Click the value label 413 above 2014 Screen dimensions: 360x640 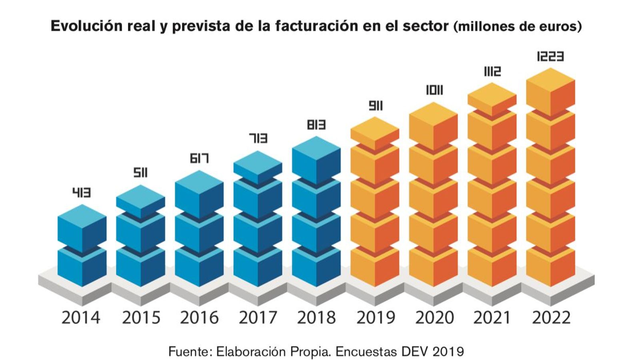[x=82, y=193]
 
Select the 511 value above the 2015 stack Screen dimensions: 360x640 [x=140, y=173]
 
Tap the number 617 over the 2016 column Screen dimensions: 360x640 [x=199, y=158]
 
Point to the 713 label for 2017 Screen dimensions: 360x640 [x=258, y=138]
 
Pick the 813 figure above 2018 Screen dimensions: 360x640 [x=316, y=125]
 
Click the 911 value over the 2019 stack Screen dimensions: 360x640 [x=375, y=106]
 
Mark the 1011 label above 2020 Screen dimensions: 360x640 [x=434, y=90]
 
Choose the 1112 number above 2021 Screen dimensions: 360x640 [x=492, y=72]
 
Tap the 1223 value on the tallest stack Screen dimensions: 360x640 [x=550, y=56]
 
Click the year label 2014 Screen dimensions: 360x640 [x=81, y=318]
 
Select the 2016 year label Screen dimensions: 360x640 [x=199, y=318]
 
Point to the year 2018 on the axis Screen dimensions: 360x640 [x=316, y=318]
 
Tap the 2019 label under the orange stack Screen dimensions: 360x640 [x=375, y=318]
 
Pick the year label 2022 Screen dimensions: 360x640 [x=551, y=318]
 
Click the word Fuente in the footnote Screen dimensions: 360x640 [x=187, y=352]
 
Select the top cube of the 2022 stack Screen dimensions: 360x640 [x=550, y=92]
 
